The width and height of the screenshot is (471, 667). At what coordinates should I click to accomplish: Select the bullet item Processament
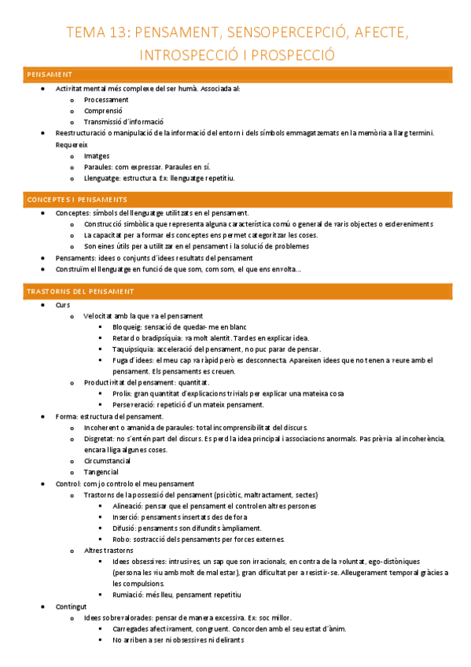point(106,100)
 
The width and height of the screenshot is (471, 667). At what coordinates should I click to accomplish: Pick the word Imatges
point(97,156)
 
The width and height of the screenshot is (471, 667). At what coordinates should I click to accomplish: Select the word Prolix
point(122,393)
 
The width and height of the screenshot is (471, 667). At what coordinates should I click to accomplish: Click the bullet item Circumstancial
point(111,460)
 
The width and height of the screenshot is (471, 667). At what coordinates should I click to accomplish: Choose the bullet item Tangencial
point(101,472)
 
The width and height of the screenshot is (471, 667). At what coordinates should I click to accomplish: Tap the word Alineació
point(128,506)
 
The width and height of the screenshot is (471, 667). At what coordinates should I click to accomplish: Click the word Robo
point(121,539)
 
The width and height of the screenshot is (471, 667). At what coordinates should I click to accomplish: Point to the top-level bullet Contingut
point(72,606)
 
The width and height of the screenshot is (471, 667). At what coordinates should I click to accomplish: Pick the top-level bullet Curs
point(63,304)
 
